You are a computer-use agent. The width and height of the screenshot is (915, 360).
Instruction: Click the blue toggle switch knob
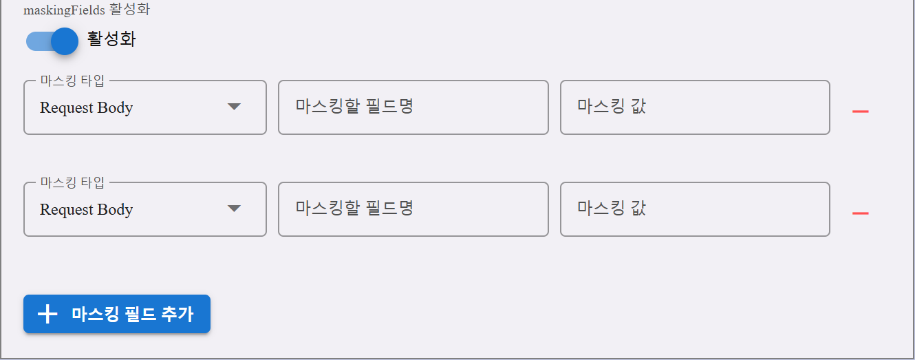click(x=65, y=41)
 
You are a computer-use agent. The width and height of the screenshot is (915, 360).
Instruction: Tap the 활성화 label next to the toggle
click(x=111, y=39)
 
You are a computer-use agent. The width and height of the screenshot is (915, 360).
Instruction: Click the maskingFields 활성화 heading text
click(x=87, y=10)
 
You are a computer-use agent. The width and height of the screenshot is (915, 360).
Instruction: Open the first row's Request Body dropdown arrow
click(x=234, y=107)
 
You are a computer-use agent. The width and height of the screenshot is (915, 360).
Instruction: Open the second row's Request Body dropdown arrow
click(x=234, y=209)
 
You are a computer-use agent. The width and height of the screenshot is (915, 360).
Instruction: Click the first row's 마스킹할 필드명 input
click(x=413, y=107)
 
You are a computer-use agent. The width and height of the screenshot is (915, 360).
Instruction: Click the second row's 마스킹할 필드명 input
click(x=413, y=209)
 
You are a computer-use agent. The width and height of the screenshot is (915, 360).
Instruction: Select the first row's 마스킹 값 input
click(x=695, y=107)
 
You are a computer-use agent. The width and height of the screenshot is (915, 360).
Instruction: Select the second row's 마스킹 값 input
click(x=695, y=209)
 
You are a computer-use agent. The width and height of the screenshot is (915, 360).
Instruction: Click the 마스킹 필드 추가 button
click(x=117, y=314)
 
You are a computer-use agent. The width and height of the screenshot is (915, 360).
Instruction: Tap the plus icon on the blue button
click(x=47, y=314)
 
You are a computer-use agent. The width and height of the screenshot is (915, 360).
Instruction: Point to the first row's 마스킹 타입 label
click(x=72, y=81)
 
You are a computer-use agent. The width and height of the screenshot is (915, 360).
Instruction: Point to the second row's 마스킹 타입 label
click(x=72, y=182)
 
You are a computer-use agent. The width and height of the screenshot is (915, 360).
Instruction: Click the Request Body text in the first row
click(x=86, y=108)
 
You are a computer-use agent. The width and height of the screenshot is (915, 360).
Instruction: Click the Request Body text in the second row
click(x=86, y=210)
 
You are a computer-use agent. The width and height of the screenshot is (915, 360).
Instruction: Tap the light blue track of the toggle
click(x=39, y=42)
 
